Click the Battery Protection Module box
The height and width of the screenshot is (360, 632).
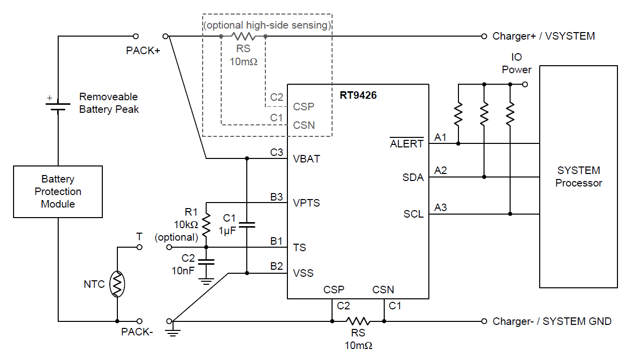58,192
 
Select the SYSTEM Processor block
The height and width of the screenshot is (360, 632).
578,176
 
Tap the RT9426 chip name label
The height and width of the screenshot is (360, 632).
358,95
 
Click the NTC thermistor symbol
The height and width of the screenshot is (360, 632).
117,284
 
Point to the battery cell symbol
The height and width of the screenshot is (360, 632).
58,106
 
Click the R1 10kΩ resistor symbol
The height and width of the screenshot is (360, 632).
206,225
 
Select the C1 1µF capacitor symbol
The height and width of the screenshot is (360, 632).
247,225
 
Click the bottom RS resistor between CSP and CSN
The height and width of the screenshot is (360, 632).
357,321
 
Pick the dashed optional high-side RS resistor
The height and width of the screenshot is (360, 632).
243,36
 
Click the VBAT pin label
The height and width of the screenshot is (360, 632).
306,159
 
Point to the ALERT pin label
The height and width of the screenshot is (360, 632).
407,144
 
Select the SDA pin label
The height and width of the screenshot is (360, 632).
413,177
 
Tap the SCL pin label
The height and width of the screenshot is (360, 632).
413,215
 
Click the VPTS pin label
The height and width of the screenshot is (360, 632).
306,203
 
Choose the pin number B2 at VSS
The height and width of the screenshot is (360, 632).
276,266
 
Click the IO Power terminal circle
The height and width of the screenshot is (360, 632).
525,84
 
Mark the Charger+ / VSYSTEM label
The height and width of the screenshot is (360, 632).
544,36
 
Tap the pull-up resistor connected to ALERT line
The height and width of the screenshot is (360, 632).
458,114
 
